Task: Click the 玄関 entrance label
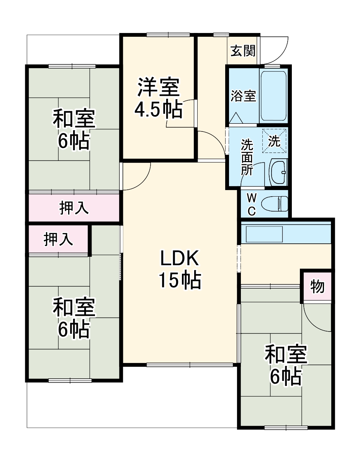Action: click(243, 51)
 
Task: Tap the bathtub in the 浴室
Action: click(273, 95)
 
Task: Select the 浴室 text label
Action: click(243, 96)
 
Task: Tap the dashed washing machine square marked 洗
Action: click(274, 141)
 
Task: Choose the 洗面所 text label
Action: click(247, 157)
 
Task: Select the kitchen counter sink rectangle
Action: click(264, 234)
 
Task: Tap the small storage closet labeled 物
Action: click(317, 286)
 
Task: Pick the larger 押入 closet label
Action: click(74, 208)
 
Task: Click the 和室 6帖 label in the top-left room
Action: click(74, 129)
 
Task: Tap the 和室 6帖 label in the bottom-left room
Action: click(74, 318)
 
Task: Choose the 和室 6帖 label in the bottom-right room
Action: click(286, 365)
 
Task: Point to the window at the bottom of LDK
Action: click(190, 365)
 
